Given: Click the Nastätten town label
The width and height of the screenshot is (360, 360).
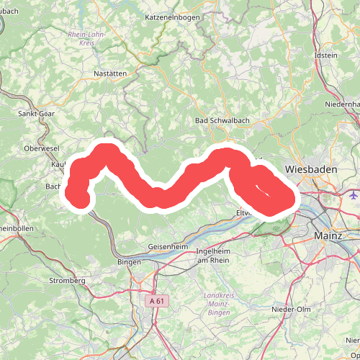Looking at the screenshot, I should [110, 73].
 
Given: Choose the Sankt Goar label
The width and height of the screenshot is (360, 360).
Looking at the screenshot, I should [37, 113].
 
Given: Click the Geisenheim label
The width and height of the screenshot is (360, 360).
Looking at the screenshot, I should [168, 246].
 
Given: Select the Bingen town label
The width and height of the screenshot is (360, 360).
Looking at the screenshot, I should [129, 262].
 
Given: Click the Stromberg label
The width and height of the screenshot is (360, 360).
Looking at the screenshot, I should [67, 280].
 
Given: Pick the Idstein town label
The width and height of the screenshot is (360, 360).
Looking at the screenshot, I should [326, 55].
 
